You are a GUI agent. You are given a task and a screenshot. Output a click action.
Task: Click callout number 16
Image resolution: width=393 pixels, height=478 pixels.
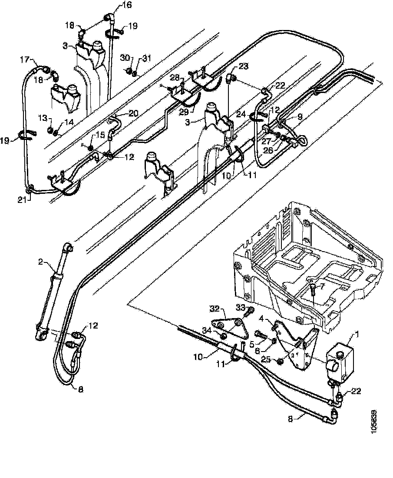click(x=127, y=6)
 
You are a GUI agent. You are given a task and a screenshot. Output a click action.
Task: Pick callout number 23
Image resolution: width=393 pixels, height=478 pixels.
click(x=243, y=66)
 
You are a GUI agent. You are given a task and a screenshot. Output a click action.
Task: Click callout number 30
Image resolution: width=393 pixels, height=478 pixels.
click(x=125, y=57)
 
